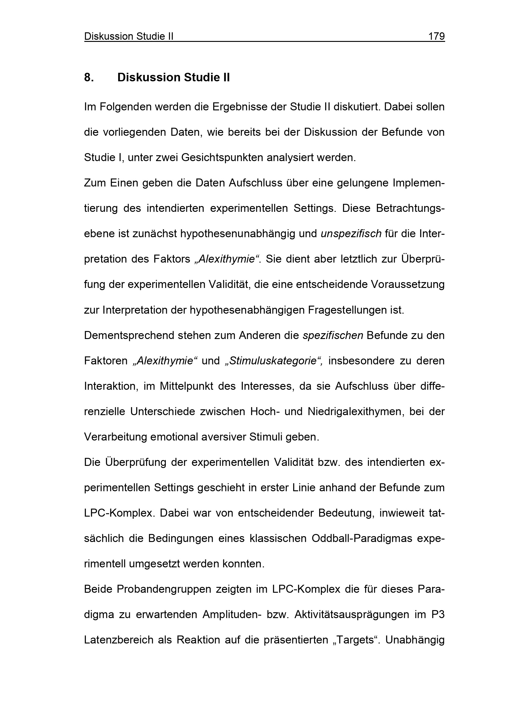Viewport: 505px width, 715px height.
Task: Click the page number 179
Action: [436, 36]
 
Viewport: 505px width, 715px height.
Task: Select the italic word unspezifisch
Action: [351, 234]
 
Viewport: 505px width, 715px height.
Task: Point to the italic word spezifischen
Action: [333, 335]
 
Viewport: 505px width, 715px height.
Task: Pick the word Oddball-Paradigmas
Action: [362, 538]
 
